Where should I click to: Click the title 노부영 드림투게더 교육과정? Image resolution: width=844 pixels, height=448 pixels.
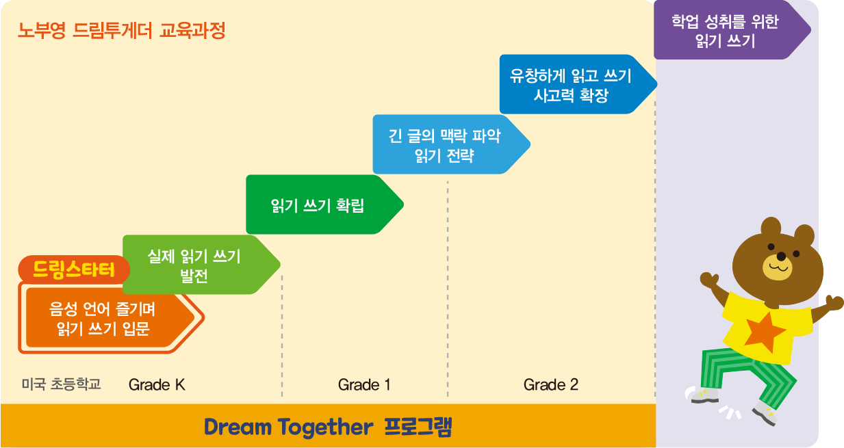click(122, 31)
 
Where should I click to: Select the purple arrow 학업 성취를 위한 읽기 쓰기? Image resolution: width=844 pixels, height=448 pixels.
click(732, 29)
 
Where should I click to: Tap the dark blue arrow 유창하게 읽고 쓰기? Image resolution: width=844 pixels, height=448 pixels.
click(578, 84)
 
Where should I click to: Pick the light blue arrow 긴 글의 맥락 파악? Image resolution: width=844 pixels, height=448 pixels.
click(451, 144)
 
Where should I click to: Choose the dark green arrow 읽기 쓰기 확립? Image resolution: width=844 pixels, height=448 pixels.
click(324, 205)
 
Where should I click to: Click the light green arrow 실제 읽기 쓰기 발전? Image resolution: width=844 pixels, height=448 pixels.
click(201, 265)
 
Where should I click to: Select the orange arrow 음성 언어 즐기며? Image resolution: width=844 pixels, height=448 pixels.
click(110, 318)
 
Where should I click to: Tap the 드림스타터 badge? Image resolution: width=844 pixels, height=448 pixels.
click(74, 269)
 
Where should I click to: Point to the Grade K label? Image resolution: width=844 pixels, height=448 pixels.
click(157, 385)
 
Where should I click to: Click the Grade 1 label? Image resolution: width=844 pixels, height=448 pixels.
click(364, 385)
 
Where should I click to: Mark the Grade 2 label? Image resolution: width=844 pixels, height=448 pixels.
click(550, 385)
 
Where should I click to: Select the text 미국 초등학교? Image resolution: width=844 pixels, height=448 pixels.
click(61, 384)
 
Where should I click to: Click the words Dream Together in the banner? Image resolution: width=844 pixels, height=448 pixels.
click(289, 427)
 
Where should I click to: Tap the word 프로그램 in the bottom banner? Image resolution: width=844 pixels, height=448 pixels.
click(418, 427)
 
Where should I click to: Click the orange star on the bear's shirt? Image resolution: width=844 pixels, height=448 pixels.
click(765, 332)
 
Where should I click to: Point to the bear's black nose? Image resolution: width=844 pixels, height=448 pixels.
click(782, 256)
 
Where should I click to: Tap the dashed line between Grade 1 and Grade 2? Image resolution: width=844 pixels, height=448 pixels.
click(448, 289)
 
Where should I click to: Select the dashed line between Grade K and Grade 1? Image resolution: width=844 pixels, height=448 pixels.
click(282, 336)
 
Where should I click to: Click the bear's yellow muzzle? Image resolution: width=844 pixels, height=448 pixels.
click(778, 267)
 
